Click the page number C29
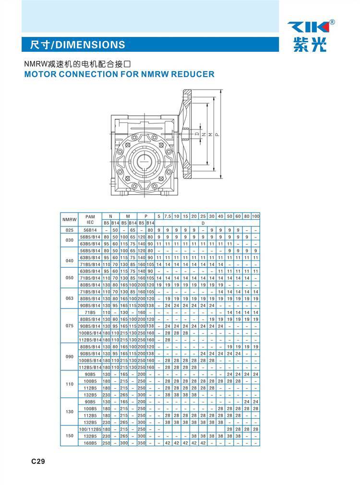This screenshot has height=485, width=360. coord(38,462)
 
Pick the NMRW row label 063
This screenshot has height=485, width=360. coord(70,298)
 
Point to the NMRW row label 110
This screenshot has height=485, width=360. coord(70,384)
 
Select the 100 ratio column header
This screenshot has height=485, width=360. coord(255,216)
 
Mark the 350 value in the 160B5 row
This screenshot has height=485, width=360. coord(142,443)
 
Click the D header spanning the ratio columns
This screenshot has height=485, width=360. coord(203,223)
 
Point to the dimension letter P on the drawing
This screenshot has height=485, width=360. coord(217,135)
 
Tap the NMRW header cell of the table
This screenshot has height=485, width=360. coord(70,219)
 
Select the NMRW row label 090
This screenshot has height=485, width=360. coord(70,356)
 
